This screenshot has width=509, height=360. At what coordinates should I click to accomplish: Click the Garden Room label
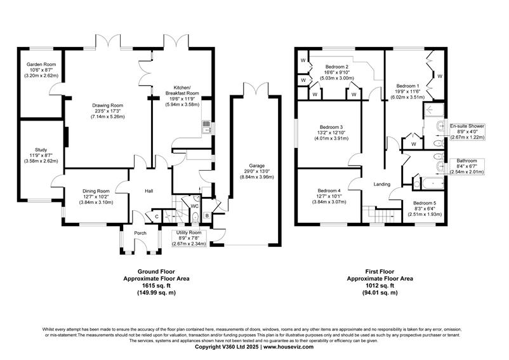(x=41, y=65)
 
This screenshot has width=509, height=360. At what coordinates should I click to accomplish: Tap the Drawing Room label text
(x=108, y=105)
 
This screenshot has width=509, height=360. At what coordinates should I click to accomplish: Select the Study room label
(x=41, y=150)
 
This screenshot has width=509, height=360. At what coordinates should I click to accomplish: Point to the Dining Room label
(x=96, y=191)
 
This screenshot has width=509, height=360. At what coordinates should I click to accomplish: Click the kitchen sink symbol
(x=206, y=127)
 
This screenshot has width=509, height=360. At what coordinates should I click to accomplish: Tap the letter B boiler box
(x=207, y=215)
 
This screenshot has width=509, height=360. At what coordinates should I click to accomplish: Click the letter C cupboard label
(x=157, y=217)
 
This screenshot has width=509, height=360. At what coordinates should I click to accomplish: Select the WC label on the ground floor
(x=194, y=206)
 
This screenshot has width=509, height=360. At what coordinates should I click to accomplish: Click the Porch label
(x=140, y=233)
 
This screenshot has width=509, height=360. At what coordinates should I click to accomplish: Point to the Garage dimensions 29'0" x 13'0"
(x=257, y=171)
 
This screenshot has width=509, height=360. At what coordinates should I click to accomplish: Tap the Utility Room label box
(x=189, y=238)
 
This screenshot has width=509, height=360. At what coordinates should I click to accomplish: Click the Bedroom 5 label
(x=425, y=203)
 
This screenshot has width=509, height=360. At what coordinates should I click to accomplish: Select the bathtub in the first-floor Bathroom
(x=433, y=183)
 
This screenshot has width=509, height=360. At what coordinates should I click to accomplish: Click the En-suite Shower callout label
(x=467, y=126)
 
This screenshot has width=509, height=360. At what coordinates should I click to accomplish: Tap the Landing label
(x=382, y=184)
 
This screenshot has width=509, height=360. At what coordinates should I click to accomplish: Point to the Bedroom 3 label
(x=331, y=127)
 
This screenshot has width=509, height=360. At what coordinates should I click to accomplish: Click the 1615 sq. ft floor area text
(x=156, y=286)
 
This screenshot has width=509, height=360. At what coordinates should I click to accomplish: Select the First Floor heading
(x=380, y=272)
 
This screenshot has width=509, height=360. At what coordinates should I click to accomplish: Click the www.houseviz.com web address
(x=289, y=347)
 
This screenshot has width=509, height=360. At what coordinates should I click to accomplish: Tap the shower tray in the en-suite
(x=433, y=110)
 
